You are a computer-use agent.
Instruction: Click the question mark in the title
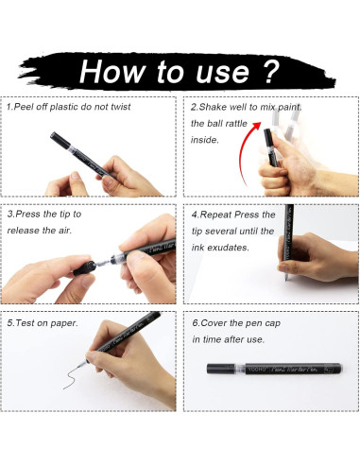[268, 72]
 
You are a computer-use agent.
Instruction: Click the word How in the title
[111, 71]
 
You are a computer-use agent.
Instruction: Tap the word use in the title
[223, 74]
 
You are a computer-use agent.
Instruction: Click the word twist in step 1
[121, 107]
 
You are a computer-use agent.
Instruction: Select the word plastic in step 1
[64, 107]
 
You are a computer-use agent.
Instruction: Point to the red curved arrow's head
[256, 126]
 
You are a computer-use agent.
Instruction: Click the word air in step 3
[65, 231]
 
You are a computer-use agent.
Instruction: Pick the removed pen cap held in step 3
[85, 268]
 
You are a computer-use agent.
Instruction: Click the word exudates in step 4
[229, 248]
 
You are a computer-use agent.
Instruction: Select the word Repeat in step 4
[216, 215]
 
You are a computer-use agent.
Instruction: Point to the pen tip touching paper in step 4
[286, 279]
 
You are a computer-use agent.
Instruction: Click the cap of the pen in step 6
[220, 369]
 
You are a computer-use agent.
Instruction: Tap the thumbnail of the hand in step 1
[76, 176]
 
